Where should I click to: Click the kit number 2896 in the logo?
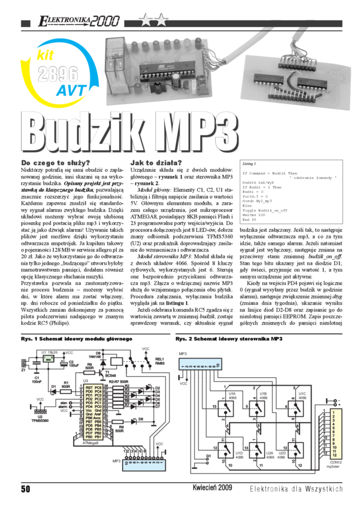tap(58, 74)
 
